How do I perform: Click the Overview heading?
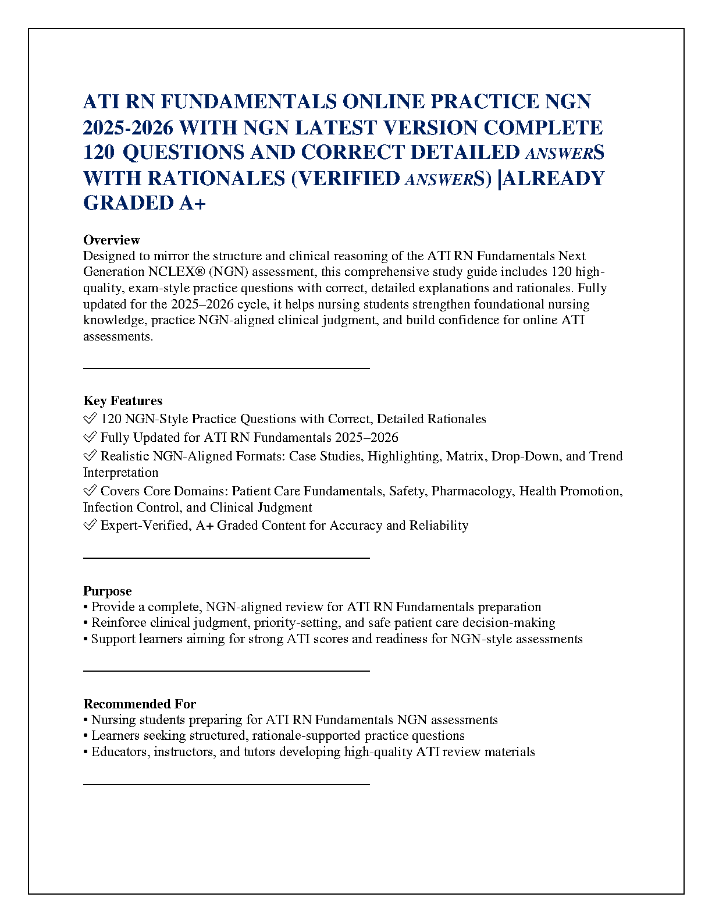(112, 240)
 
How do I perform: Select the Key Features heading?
(123, 400)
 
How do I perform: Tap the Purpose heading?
(108, 591)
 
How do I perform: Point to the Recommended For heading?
(140, 704)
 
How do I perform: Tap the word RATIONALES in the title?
(216, 178)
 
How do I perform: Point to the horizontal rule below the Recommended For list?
(226, 784)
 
